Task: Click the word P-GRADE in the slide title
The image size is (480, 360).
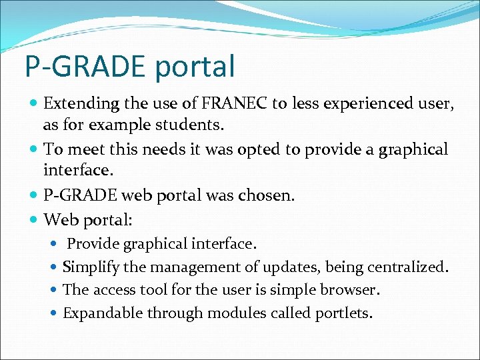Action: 83,67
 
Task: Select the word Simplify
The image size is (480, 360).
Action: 91,267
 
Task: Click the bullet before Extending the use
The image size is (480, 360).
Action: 34,104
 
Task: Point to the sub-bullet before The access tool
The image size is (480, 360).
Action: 54,290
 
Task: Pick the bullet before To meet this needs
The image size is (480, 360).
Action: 34,150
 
